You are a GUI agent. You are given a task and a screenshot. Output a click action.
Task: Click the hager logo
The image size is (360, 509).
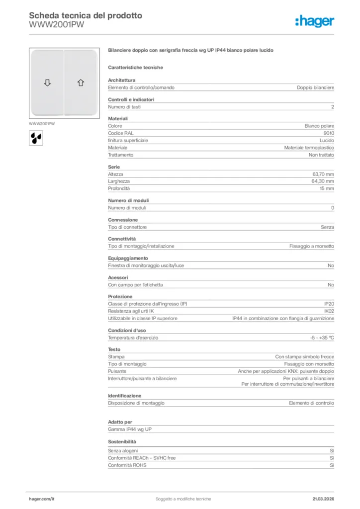click(x=315, y=21)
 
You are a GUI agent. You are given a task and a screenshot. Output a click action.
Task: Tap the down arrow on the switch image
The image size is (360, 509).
click(x=47, y=83)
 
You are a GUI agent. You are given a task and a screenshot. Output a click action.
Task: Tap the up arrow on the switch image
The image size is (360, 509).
click(x=81, y=83)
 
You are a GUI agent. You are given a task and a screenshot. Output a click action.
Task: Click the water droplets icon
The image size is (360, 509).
click(x=35, y=138)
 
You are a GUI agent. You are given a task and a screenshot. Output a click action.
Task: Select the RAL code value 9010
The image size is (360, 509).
click(x=329, y=133)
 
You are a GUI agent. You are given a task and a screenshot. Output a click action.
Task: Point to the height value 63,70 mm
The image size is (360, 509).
click(x=323, y=174)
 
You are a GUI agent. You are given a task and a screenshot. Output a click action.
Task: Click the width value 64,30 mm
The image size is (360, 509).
click(x=323, y=181)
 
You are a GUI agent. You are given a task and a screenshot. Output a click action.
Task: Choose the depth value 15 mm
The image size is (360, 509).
click(x=327, y=189)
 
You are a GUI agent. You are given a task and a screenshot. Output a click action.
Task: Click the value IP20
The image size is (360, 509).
click(x=329, y=303)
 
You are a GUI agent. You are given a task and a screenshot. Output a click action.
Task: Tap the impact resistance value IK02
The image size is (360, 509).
click(x=329, y=311)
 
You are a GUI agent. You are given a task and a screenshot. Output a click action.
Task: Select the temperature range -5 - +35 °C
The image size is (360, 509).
click(x=322, y=338)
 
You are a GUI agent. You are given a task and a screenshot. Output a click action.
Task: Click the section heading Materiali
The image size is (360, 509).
click(x=118, y=118)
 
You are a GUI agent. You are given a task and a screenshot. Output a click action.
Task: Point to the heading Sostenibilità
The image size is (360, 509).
click(x=122, y=441)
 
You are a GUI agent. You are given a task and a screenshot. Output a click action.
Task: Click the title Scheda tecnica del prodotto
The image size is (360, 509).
click(x=86, y=15)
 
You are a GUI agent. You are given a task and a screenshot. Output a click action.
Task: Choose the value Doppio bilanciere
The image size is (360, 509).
click(x=315, y=87)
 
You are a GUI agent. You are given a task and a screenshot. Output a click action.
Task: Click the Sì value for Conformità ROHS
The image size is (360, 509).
click(x=332, y=465)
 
